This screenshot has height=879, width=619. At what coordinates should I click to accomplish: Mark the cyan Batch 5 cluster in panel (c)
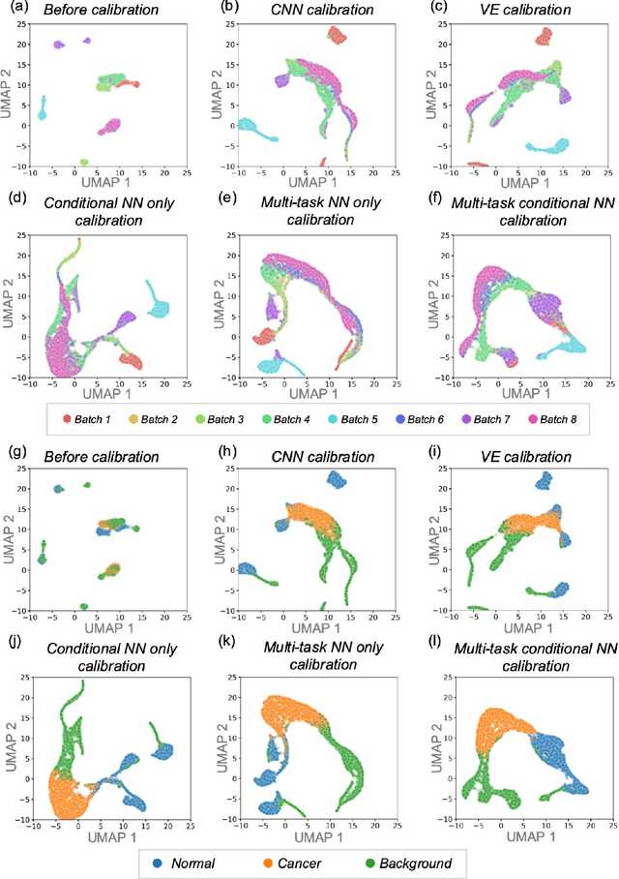click(x=545, y=146)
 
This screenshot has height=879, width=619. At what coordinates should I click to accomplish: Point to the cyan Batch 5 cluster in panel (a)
click(x=42, y=109)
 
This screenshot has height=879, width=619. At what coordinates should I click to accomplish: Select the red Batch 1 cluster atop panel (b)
click(x=337, y=35)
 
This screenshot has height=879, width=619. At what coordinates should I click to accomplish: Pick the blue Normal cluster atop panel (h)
click(x=337, y=479)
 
